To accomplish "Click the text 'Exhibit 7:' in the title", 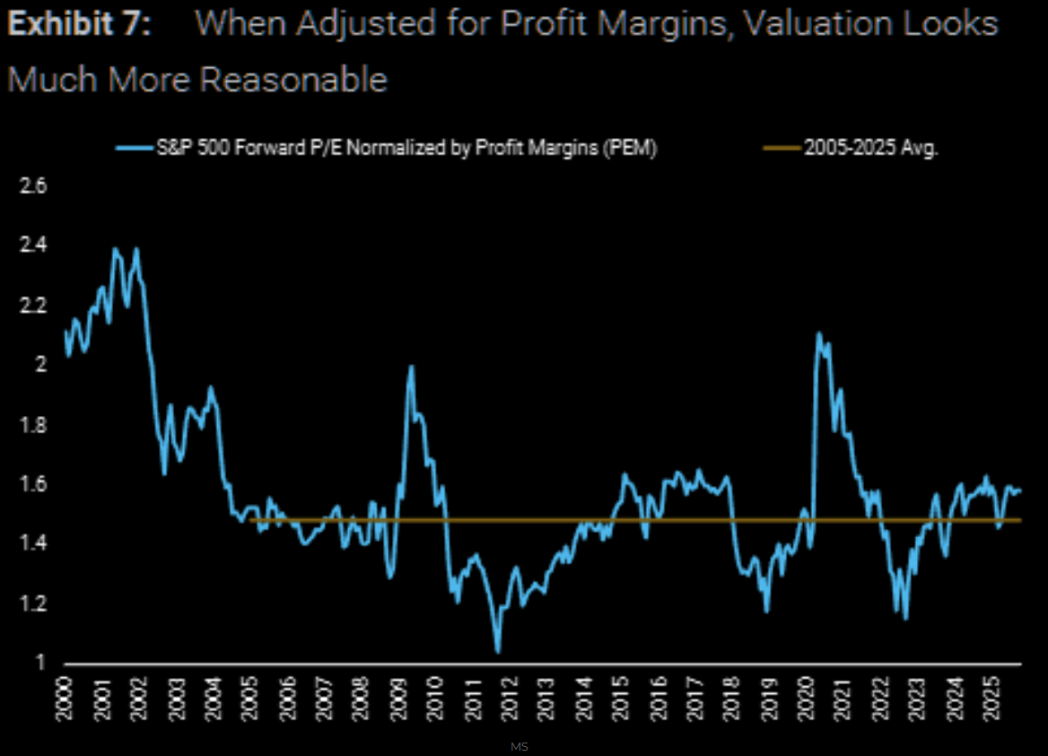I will (79, 24).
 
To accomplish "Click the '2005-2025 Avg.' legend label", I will (870, 149).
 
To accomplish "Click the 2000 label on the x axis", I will (68, 695).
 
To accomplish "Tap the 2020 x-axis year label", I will (806, 695).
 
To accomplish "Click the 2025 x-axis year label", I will (991, 695).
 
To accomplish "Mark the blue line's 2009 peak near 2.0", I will (411, 366).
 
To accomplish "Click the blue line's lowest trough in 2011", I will (498, 651).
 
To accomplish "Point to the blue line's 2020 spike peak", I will (818, 333).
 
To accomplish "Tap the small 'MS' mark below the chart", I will (519, 745).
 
